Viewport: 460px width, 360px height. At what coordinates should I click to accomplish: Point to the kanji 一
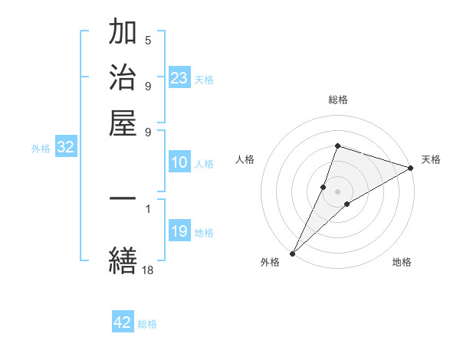tap(123, 198)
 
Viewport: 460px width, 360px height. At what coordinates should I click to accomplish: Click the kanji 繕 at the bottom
tap(123, 259)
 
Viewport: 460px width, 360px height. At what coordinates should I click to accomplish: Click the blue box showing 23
tap(179, 77)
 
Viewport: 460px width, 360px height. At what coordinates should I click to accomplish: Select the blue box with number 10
tap(179, 162)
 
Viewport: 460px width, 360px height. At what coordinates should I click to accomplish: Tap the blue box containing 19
tap(179, 231)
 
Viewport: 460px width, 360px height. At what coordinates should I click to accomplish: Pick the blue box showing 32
tap(65, 148)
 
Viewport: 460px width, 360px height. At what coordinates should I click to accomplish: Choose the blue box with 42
tap(123, 322)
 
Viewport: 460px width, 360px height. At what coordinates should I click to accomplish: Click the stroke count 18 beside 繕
tap(147, 269)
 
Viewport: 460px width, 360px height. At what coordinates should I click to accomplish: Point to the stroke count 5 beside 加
tap(148, 40)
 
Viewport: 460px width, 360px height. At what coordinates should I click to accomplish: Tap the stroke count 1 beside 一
tap(148, 207)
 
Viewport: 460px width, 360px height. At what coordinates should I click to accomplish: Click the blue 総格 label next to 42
tap(147, 324)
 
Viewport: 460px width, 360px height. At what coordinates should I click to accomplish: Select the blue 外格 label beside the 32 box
tap(41, 149)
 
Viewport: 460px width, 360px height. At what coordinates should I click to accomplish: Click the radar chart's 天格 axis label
tap(431, 159)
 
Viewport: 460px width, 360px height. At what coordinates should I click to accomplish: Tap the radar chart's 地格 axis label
tap(402, 263)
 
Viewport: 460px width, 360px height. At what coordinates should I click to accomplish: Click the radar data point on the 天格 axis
tap(411, 168)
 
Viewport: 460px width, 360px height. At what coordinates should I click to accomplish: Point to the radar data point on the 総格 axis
tap(337, 146)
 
